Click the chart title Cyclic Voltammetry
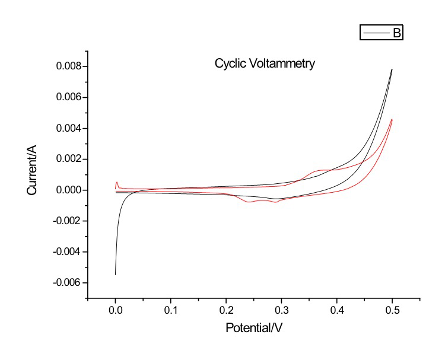coord(265,63)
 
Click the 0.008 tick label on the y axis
coord(68,67)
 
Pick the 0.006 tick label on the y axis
coord(68,98)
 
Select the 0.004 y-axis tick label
coord(68,129)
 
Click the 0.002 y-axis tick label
coord(68,160)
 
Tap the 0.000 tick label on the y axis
coord(68,190)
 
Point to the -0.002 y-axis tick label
coord(67,221)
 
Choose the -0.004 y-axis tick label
coord(67,252)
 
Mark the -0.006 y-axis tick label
coord(67,283)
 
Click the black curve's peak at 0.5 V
coord(392,69)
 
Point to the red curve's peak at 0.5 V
coord(392,120)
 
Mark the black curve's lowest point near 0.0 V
coord(115,274)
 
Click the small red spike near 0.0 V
coord(117,183)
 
